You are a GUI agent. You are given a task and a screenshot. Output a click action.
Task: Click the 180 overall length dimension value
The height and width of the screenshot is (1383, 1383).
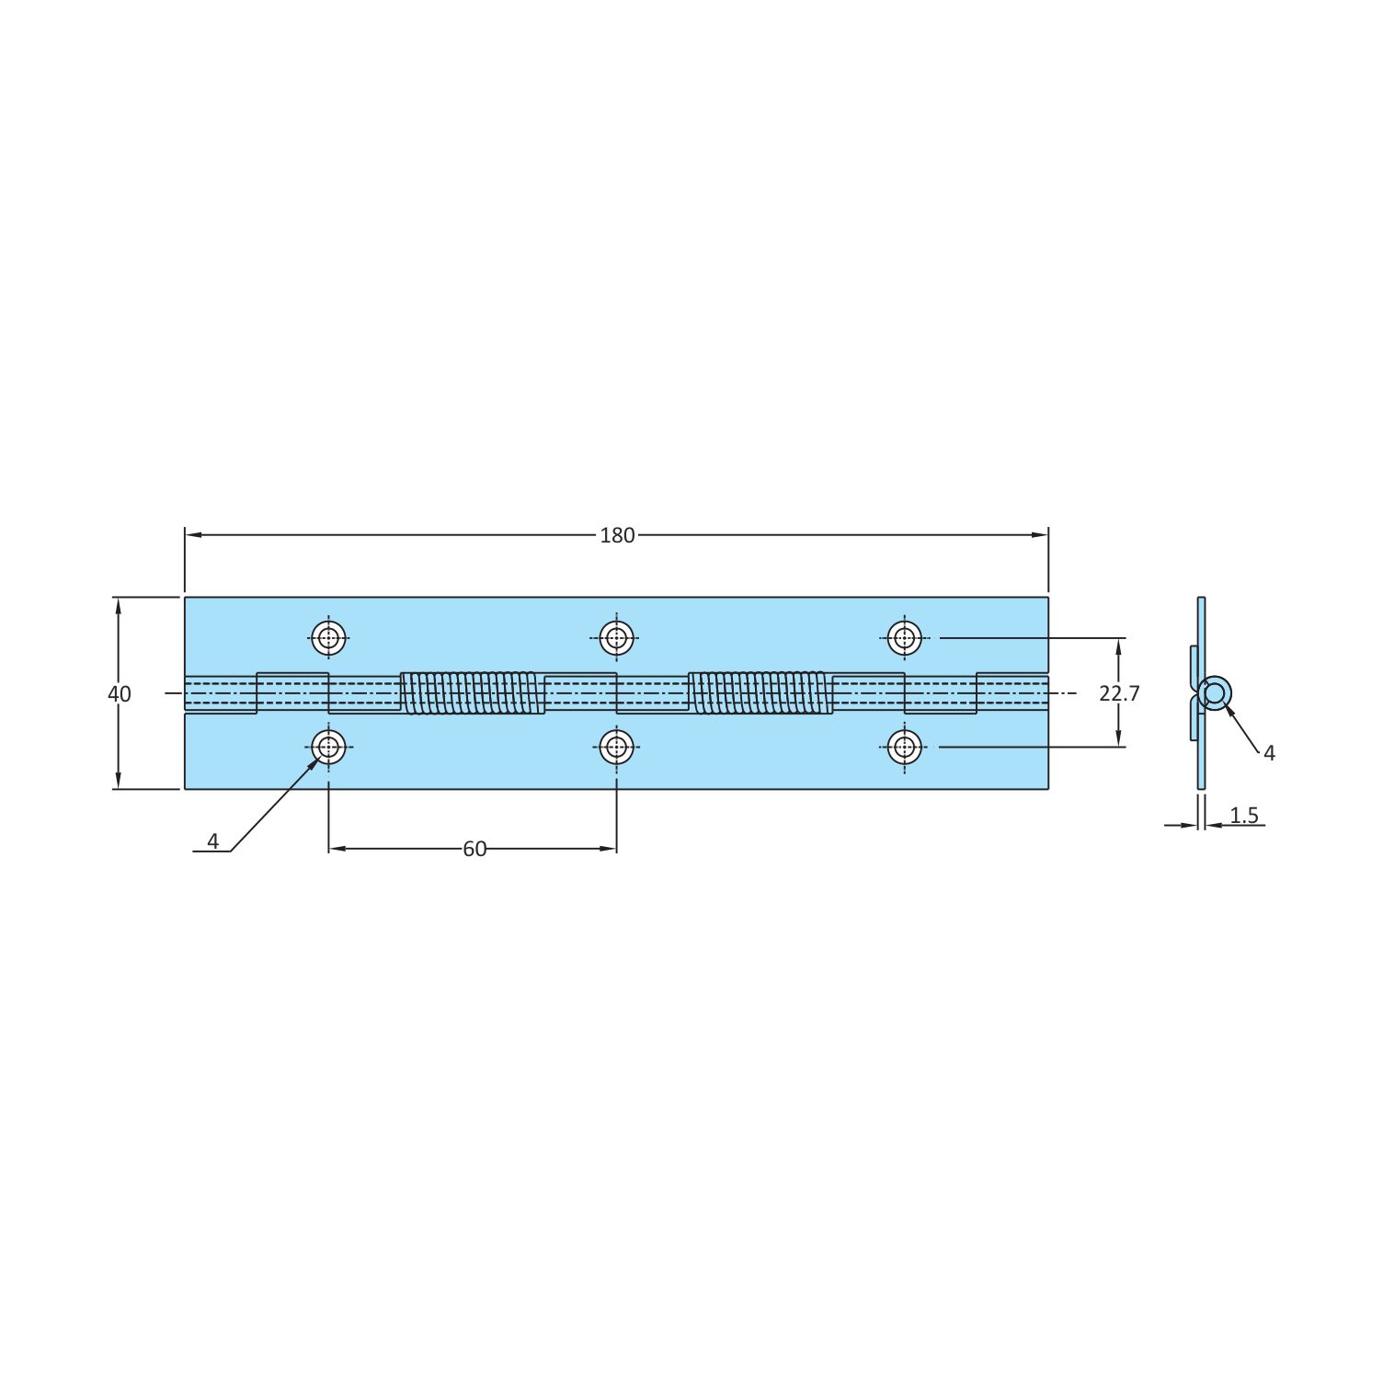pyautogui.click(x=617, y=535)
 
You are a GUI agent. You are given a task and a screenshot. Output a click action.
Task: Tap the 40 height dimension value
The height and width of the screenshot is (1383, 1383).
pyautogui.click(x=120, y=694)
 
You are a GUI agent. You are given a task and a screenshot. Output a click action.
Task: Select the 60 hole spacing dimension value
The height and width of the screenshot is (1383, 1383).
pyautogui.click(x=474, y=849)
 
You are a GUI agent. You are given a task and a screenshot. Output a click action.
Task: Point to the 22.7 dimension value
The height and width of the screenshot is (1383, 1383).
pyautogui.click(x=1119, y=693)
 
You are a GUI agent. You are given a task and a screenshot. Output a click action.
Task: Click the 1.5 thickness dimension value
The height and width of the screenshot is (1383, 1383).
pyautogui.click(x=1244, y=815)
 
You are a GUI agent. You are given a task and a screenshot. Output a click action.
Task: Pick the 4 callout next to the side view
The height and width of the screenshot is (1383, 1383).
pyautogui.click(x=1270, y=753)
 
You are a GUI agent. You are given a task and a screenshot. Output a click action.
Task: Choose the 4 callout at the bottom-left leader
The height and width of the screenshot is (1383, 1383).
pyautogui.click(x=212, y=841)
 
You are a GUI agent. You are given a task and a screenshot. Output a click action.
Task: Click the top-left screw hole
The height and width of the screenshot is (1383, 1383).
pyautogui.click(x=329, y=637)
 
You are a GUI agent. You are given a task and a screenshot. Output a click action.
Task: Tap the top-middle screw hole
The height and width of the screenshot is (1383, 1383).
pyautogui.click(x=617, y=637)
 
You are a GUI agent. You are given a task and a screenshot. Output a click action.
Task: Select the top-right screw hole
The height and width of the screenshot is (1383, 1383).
pyautogui.click(x=905, y=637)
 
